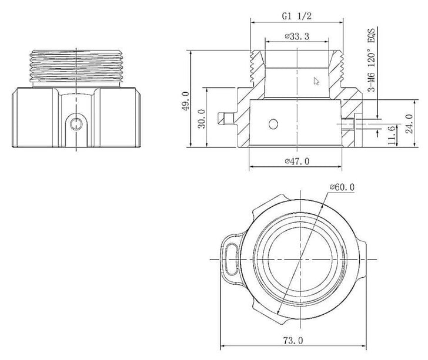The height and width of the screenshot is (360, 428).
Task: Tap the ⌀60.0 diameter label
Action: click(343, 187)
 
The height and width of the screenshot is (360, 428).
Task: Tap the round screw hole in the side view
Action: click(75, 123)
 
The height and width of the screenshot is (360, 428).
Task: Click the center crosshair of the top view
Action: click(300, 259)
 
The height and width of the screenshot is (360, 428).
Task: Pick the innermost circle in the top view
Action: click(300, 259)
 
